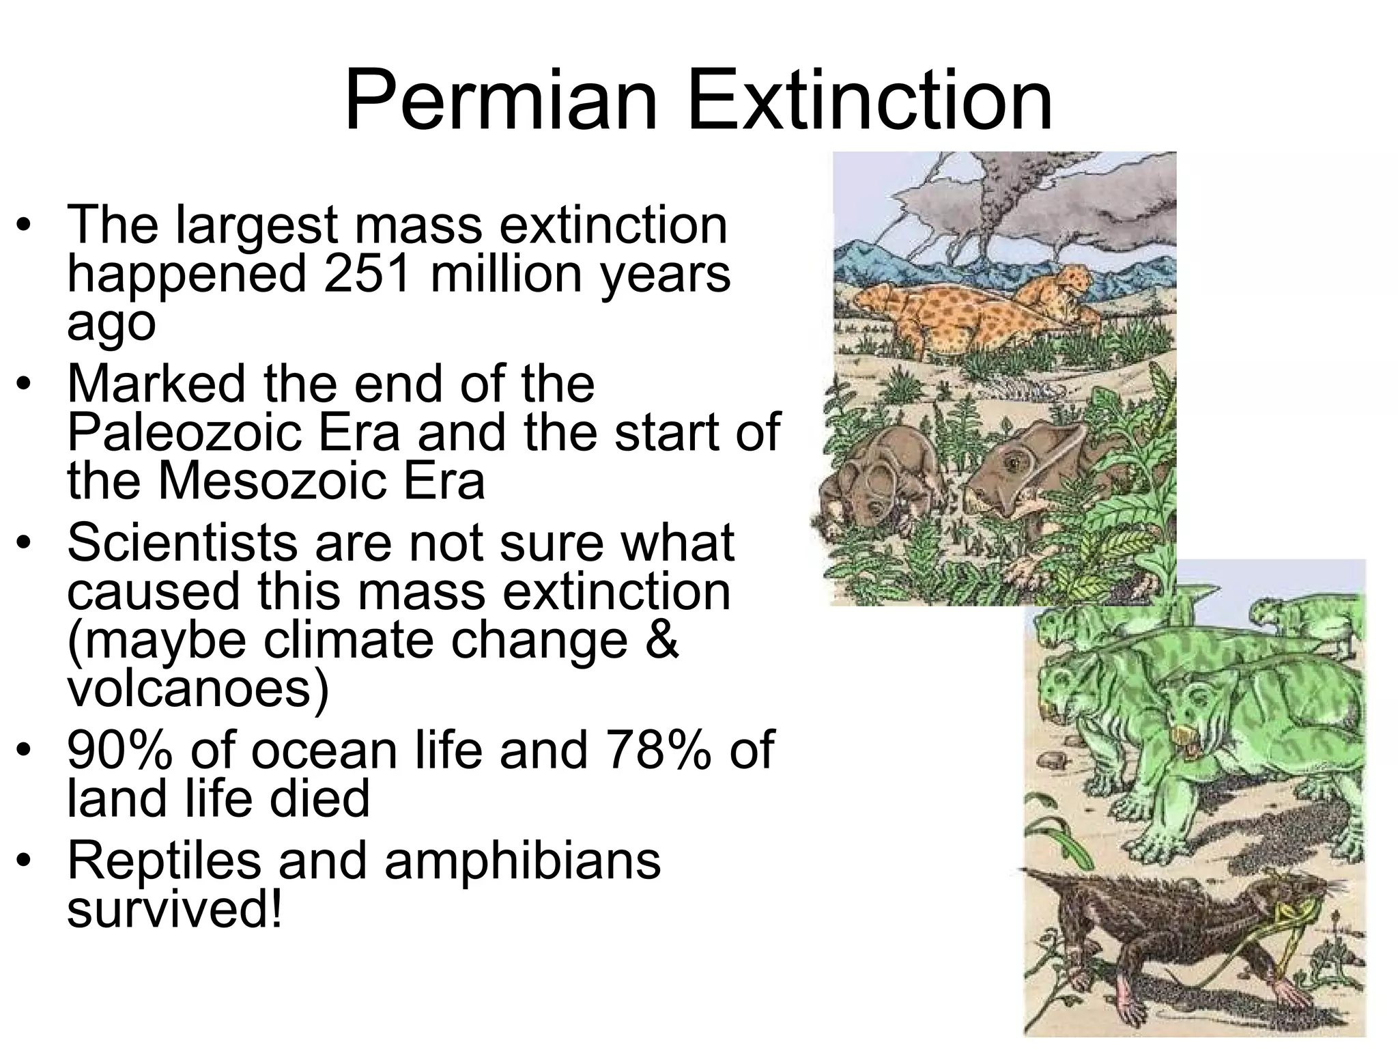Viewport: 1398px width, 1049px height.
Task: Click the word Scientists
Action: tap(180, 543)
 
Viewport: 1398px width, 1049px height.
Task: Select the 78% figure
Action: tap(656, 750)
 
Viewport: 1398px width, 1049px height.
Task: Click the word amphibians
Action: tap(522, 861)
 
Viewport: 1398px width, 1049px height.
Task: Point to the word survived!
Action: tap(174, 910)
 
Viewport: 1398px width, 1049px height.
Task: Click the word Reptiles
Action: tap(164, 861)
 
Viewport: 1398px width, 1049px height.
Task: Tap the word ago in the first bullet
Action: tap(111, 324)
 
